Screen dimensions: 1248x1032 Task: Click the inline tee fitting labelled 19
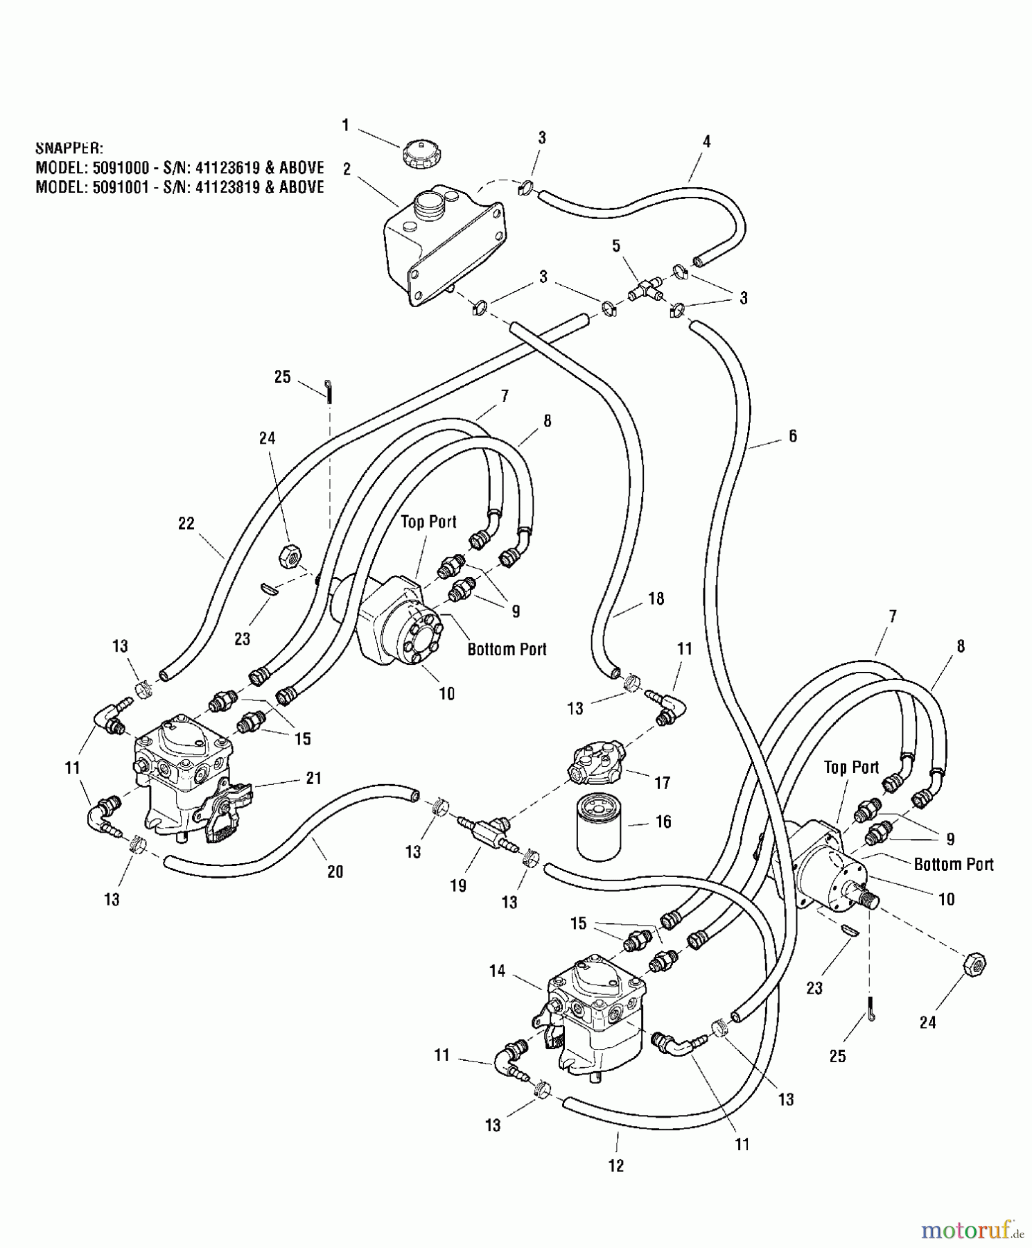[x=483, y=831]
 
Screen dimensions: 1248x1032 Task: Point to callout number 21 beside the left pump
[x=314, y=779]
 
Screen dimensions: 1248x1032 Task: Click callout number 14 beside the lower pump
[x=498, y=971]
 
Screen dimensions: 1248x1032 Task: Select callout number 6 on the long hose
[x=792, y=436]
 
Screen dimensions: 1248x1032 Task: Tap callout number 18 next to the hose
[x=656, y=598]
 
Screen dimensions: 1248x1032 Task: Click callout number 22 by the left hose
[x=186, y=523]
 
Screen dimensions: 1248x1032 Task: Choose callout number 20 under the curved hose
[x=335, y=872]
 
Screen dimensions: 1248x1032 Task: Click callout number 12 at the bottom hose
[x=616, y=1166]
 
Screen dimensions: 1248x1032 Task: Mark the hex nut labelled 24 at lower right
[x=974, y=964]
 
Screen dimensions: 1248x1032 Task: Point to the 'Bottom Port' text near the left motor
[x=507, y=650]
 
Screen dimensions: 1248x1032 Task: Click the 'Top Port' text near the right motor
[x=851, y=768]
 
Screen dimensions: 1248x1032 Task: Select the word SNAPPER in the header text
[x=69, y=148]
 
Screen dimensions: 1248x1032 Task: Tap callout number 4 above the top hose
[x=706, y=141]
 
